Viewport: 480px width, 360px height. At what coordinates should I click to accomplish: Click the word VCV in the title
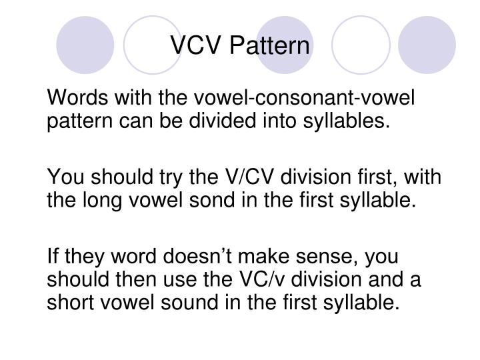[196, 45]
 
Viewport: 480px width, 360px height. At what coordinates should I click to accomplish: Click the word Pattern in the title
[270, 45]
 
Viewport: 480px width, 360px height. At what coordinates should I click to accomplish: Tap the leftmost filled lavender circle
[84, 45]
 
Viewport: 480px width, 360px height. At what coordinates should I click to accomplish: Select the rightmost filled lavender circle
[427, 45]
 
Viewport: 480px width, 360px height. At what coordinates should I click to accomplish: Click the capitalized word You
[65, 177]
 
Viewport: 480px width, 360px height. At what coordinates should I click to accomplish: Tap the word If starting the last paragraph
[53, 255]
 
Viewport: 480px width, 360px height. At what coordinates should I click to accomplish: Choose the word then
[130, 279]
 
